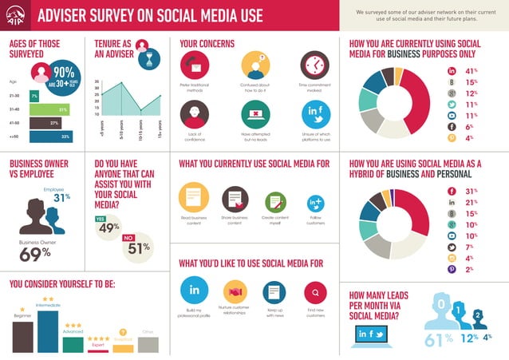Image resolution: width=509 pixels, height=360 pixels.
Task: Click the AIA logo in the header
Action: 16,16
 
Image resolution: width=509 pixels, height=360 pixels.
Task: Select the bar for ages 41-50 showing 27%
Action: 45,123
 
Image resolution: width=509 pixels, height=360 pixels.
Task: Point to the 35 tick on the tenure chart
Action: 96,81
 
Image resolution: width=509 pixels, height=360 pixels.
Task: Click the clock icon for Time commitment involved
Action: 314,65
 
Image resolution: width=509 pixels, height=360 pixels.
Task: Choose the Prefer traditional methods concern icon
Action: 194,65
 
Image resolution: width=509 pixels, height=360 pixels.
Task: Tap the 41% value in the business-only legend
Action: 472,71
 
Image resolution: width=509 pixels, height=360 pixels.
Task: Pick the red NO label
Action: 128,237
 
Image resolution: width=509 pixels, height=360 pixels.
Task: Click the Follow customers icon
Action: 315,204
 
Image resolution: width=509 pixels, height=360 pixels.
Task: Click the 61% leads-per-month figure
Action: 438,340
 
